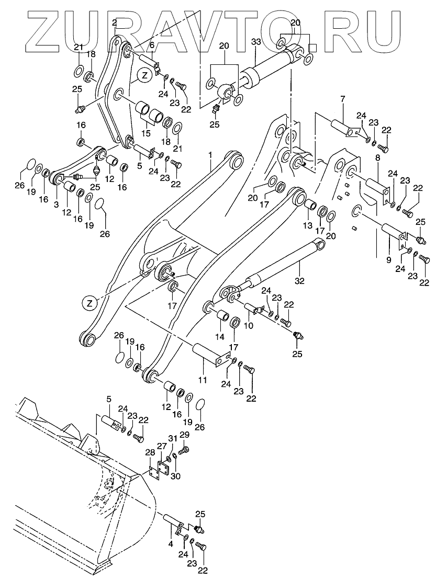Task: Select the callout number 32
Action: (299, 281)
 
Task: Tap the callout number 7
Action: (343, 99)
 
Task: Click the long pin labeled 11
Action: (209, 355)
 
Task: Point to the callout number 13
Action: (308, 226)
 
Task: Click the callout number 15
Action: (146, 133)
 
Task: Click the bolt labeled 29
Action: (184, 451)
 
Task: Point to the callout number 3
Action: (56, 204)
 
